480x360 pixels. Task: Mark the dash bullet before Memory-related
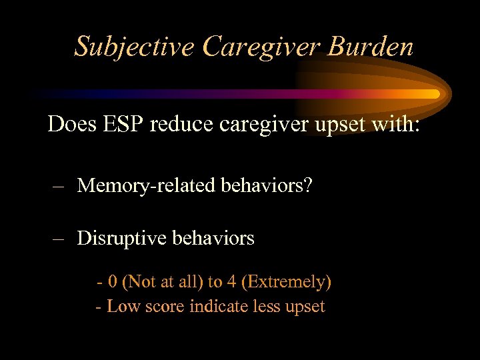(x=59, y=185)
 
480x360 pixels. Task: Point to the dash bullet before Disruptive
(x=59, y=238)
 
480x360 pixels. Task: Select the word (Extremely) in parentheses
(x=287, y=282)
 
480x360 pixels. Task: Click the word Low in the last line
(x=121, y=307)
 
